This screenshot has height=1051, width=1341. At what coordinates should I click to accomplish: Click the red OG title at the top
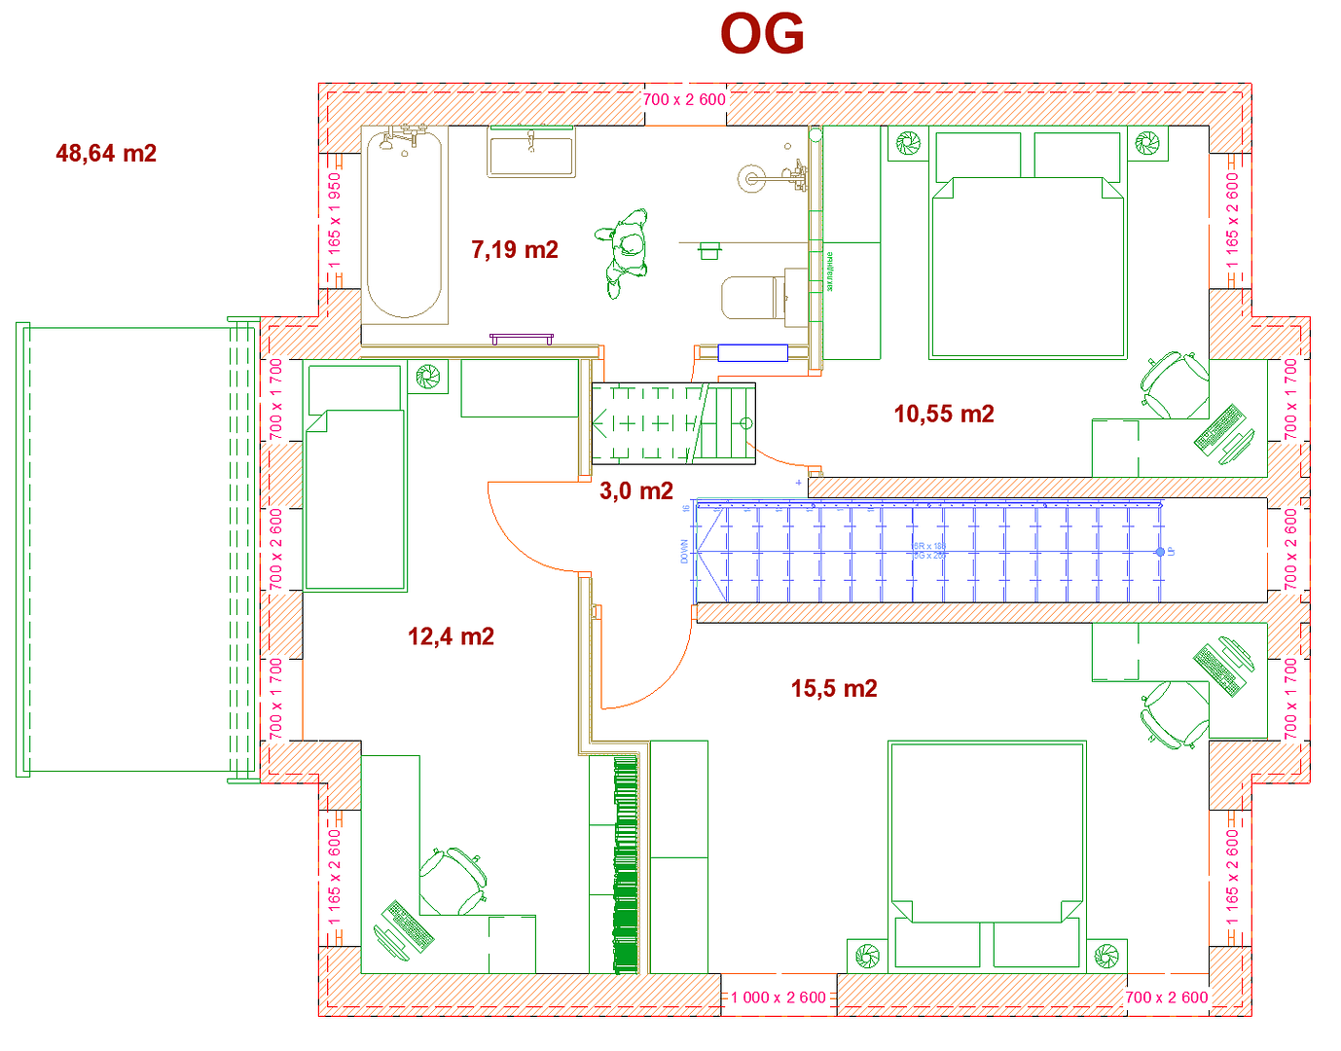click(762, 35)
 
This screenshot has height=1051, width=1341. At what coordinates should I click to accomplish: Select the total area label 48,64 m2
click(106, 154)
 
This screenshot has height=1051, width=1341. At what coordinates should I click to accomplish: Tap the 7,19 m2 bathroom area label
click(515, 250)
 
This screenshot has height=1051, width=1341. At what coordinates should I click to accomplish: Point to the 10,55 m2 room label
click(944, 415)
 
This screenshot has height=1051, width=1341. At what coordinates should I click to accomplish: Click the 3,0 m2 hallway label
click(636, 491)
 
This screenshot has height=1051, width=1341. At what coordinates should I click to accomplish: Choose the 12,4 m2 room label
click(451, 637)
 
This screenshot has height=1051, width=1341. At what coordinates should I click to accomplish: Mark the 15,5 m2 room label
click(834, 689)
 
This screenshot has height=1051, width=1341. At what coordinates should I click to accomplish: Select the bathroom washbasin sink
click(530, 153)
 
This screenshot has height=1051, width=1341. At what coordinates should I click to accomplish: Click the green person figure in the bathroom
click(625, 251)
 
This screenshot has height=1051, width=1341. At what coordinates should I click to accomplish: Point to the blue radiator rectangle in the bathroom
click(752, 352)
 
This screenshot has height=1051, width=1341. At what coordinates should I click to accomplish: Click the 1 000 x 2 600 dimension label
click(778, 997)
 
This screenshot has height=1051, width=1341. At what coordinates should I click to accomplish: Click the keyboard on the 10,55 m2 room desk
click(1220, 428)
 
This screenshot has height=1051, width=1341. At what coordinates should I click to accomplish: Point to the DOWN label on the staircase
click(684, 552)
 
